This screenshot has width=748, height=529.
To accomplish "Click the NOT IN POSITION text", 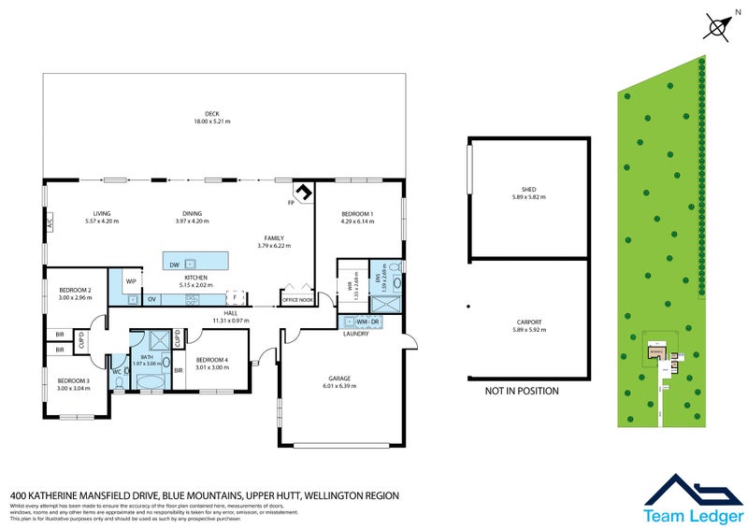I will pyautogui.click(x=522, y=391).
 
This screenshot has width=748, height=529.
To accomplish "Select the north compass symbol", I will pyautogui.click(x=718, y=26).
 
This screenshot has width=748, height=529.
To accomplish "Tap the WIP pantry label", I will pyautogui.click(x=131, y=279).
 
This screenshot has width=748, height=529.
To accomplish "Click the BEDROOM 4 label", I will pyautogui.click(x=211, y=360).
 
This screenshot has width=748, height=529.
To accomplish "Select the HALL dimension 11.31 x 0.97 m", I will pyautogui.click(x=231, y=321).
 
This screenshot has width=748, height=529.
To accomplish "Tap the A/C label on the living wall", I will pyautogui.click(x=49, y=223).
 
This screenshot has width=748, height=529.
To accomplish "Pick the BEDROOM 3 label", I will pyautogui.click(x=74, y=380).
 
